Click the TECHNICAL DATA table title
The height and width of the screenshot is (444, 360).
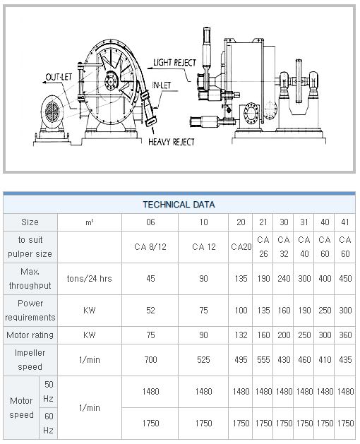pyautogui.click(x=179, y=205)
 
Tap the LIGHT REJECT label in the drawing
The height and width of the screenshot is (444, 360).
pyautogui.click(x=174, y=63)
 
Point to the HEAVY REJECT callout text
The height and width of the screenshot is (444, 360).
pyautogui.click(x=172, y=142)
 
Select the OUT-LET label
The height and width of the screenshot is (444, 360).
pyautogui.click(x=59, y=77)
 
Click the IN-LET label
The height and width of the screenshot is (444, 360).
pyautogui.click(x=161, y=85)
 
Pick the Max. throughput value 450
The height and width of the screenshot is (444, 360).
pyautogui.click(x=345, y=279)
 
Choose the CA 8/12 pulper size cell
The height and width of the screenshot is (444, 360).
pyautogui.click(x=150, y=247)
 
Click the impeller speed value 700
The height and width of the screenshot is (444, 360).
pyautogui.click(x=150, y=360)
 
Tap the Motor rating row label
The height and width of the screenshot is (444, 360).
pyautogui.click(x=30, y=335)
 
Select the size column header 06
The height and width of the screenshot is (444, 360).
pyautogui.click(x=150, y=222)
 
